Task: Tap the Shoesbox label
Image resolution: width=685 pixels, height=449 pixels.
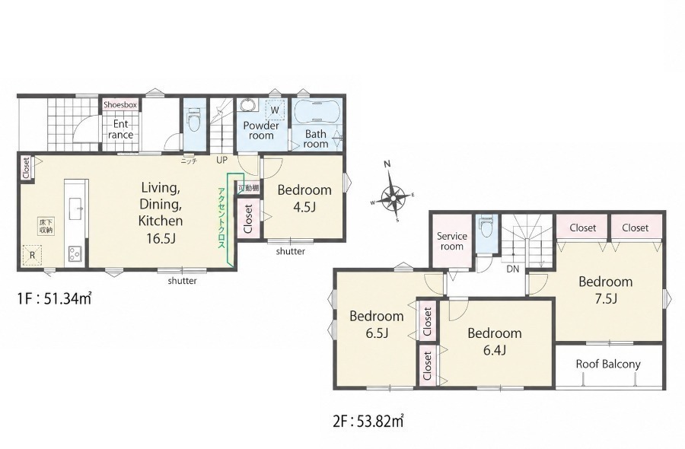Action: pos(120,105)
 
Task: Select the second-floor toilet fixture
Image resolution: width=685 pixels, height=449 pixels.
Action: pos(486,226)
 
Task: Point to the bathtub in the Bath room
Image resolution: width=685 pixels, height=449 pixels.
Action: pos(316,112)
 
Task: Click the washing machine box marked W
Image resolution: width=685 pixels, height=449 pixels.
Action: pos(275,110)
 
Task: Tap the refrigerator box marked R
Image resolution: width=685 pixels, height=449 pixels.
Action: pos(32,255)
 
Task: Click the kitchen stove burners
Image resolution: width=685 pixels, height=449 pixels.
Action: pos(75,253)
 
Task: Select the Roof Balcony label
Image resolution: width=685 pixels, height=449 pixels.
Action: pos(608,365)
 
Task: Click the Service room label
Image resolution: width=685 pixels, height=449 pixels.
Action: pos(451,241)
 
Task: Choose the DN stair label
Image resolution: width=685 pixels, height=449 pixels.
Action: pos(512,269)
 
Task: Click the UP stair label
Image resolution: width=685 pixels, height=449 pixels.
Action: pos(222,161)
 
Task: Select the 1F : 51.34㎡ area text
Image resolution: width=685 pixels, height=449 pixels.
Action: pos(54,299)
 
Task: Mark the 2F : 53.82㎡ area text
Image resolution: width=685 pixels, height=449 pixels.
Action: pos(368,422)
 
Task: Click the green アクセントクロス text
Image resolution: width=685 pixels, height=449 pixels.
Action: pos(221,218)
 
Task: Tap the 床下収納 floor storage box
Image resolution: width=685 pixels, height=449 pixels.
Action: pos(46,227)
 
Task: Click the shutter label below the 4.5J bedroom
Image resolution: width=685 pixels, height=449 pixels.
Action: pos(291,252)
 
